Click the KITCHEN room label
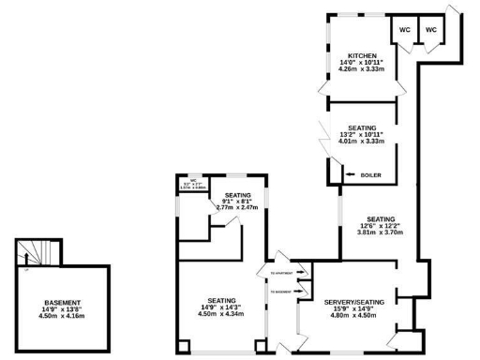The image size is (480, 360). [361, 55]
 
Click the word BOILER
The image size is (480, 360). [371, 174]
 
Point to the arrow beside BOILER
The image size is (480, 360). [348, 174]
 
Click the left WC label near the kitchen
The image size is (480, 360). [405, 30]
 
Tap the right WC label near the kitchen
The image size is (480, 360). [431, 30]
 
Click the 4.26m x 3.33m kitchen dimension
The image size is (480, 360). [361, 70]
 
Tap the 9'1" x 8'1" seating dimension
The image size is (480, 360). [237, 200]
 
